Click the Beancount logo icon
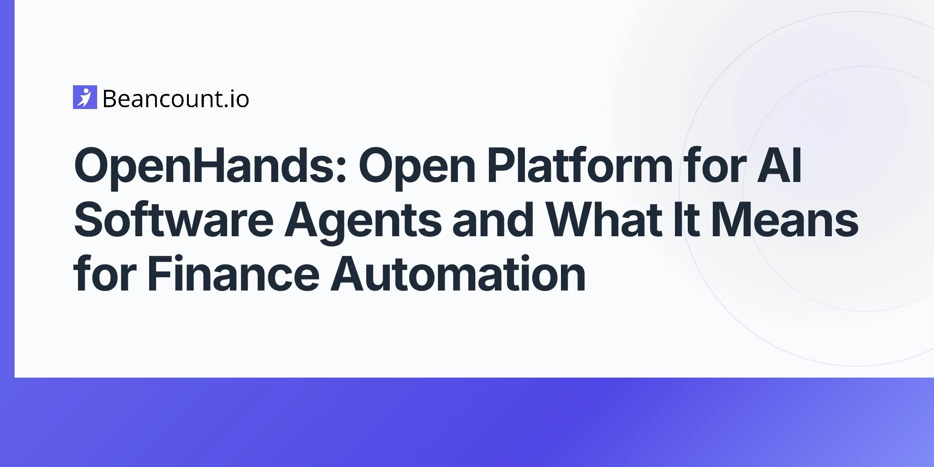coord(85,97)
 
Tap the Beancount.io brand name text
coord(176,99)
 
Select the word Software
coord(174,219)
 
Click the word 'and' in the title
coord(493,219)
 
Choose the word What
coord(604,219)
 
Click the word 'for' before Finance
coord(105,274)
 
